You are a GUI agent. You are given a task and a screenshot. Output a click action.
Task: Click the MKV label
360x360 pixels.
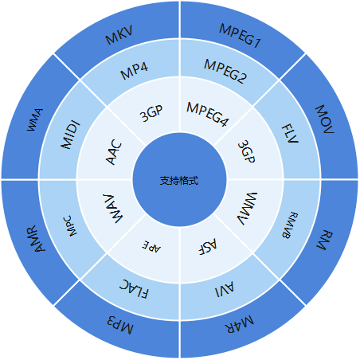119,35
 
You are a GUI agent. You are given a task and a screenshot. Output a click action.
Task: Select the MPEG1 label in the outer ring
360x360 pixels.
241,36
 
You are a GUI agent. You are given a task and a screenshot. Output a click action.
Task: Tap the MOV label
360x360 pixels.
324,119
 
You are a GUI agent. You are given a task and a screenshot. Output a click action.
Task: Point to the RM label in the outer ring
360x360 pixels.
325,240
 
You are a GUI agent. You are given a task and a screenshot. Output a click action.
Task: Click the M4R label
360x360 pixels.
239,324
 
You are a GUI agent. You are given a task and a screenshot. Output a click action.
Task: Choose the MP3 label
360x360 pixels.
120,325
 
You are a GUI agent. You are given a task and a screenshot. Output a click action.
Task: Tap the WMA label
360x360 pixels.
35,119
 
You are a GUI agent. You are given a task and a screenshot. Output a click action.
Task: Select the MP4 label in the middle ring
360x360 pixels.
134,71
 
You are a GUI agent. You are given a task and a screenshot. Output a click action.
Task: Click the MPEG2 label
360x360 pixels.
225,71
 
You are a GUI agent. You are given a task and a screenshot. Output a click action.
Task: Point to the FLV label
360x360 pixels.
290,134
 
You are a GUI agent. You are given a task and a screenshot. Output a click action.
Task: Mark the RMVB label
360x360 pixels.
290,225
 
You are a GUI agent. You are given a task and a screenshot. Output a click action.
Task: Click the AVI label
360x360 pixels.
225,289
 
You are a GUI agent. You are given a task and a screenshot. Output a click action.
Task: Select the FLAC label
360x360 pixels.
134,289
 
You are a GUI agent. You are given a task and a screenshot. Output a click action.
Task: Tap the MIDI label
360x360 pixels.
70,135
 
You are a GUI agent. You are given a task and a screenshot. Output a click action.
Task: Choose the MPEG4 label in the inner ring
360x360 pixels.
208,114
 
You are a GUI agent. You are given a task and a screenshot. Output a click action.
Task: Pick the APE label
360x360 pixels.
151,247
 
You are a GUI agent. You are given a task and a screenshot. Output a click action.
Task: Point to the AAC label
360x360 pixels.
114,152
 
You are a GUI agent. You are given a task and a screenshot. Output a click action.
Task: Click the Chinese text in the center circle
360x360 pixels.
179,181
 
